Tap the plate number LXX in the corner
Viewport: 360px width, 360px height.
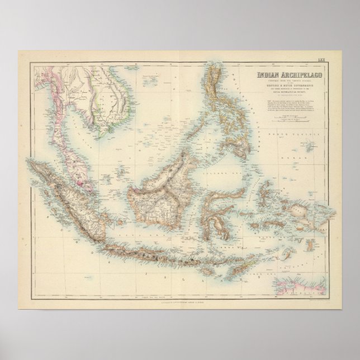click(x=321, y=55)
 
